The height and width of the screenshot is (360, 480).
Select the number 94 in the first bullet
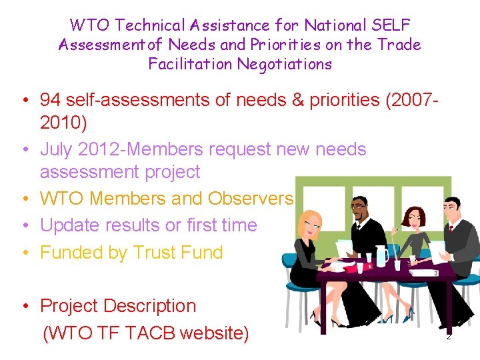[x=50, y=100]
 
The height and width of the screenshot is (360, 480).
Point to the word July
[x=58, y=149]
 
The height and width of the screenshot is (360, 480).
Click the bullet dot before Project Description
[x=23, y=307]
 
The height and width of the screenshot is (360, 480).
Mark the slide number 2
[x=449, y=337]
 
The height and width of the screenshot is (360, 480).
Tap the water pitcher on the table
[x=382, y=255]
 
